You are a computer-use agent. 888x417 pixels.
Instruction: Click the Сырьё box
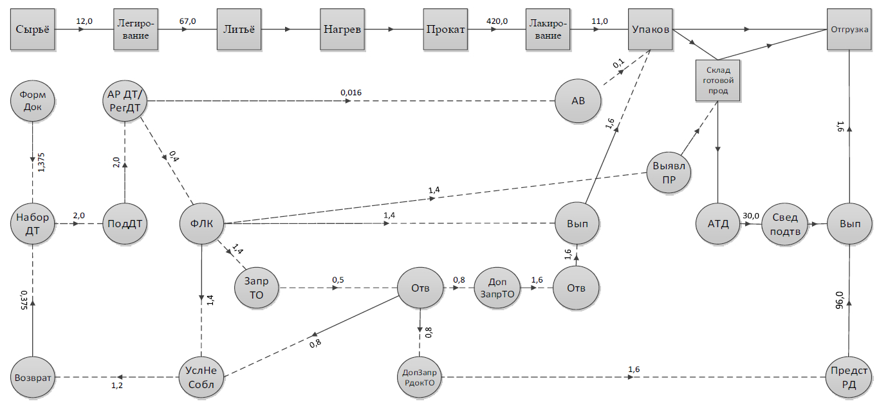[x=32, y=30]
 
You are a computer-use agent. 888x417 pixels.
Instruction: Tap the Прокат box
[x=445, y=30]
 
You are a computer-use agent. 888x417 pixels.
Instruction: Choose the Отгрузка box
[x=849, y=30]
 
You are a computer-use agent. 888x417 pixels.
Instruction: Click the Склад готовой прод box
[x=717, y=81]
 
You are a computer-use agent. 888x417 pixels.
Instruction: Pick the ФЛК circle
[x=202, y=224]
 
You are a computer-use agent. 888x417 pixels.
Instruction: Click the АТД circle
[x=717, y=224]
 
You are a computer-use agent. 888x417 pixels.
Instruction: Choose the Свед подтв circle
[x=785, y=224]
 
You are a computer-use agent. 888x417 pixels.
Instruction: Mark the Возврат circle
[x=32, y=376]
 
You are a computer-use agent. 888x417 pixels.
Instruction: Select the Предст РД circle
[x=849, y=376]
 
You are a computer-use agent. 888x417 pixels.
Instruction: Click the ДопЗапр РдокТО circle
[x=420, y=376]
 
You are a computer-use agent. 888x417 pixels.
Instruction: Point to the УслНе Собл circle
[x=202, y=376]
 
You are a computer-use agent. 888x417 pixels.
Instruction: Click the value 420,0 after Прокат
[x=497, y=21]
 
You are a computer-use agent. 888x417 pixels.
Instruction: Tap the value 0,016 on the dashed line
[x=351, y=93]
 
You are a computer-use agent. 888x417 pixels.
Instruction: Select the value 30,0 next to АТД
[x=751, y=216]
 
